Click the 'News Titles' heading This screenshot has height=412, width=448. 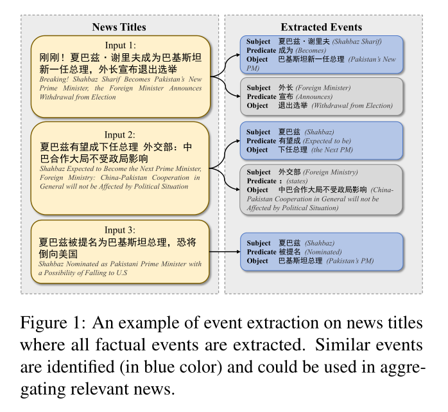click(x=119, y=27)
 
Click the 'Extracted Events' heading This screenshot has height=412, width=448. click(x=321, y=27)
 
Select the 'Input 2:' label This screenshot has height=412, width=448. click(x=120, y=135)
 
